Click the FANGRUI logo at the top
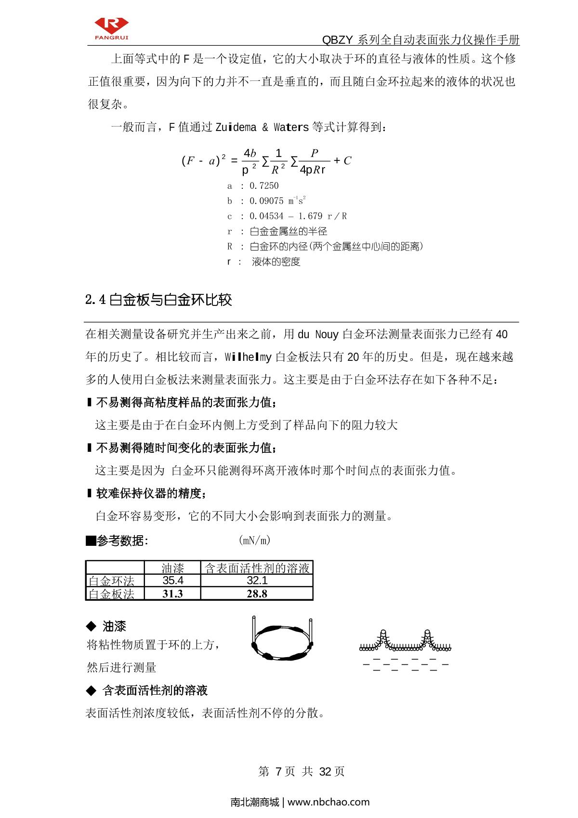111,29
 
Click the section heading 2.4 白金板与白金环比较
158,300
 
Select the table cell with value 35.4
172,581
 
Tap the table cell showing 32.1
257,581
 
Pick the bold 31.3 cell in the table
172,594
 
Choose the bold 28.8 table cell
257,594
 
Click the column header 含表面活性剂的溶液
257,568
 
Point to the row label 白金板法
112,594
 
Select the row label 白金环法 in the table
112,581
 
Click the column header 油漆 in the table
172,568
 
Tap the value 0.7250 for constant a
264,186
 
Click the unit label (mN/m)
254,541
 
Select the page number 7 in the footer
278,771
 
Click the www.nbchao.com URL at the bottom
328,802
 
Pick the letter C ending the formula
347,161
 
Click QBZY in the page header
338,40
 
